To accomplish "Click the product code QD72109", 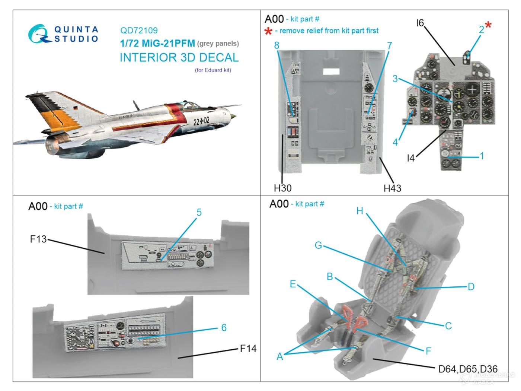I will (139, 31).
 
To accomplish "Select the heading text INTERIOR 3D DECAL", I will (179, 57).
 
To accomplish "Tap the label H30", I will (282, 188).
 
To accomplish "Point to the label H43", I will (392, 188).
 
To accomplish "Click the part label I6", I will (420, 23).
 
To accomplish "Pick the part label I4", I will (410, 158).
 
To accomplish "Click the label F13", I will (38, 239).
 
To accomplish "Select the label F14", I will (248, 349).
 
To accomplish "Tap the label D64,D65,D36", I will (468, 369).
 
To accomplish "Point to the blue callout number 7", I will (389, 45).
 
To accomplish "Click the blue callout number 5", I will (199, 212).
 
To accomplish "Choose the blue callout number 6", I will (224, 327).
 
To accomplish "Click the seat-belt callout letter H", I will (359, 211).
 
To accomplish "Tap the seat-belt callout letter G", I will (318, 245).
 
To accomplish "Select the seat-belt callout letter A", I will (280, 356).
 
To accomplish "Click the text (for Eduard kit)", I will (213, 70).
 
